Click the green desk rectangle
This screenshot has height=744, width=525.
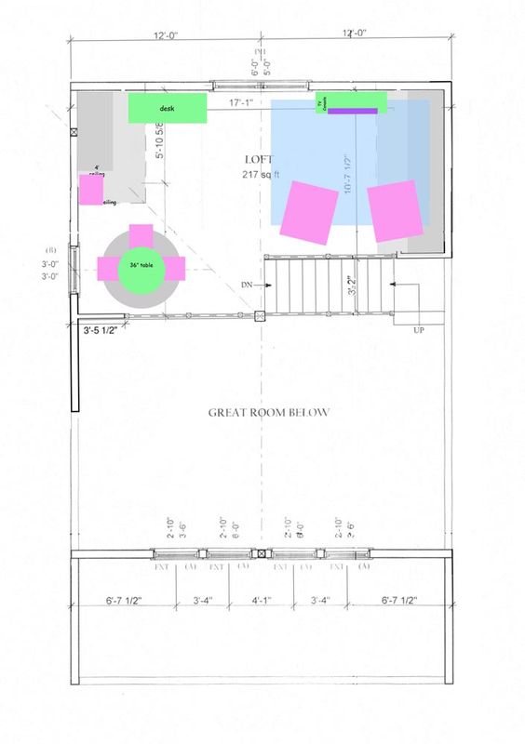pyautogui.click(x=168, y=108)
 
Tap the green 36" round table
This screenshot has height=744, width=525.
pyautogui.click(x=141, y=268)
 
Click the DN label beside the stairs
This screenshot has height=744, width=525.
pyautogui.click(x=247, y=284)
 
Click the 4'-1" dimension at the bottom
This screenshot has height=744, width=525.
pyautogui.click(x=262, y=600)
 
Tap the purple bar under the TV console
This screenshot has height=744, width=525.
pyautogui.click(x=352, y=111)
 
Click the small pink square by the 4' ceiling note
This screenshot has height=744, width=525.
pyautogui.click(x=91, y=190)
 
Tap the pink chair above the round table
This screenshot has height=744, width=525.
pyautogui.click(x=141, y=232)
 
